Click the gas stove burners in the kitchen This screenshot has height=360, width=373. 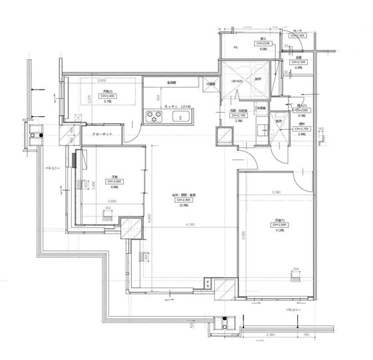156,118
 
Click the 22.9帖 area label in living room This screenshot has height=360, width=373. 184,206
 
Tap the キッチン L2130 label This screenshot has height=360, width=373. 175,106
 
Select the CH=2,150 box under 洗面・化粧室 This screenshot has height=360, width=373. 238,115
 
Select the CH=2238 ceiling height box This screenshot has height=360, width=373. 263,44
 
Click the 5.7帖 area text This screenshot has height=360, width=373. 107,102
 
